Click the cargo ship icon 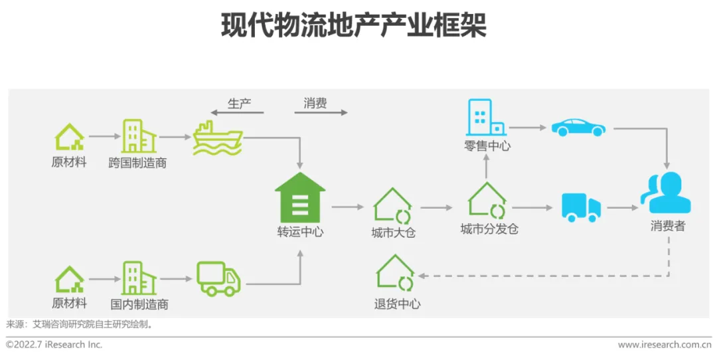tap(218, 137)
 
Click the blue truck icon tap(581, 207)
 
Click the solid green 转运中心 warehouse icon tap(300, 198)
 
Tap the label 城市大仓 tap(394, 233)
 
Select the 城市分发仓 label tap(489, 230)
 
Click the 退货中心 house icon tap(396, 274)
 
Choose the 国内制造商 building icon tap(139, 278)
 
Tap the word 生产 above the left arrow tap(240, 104)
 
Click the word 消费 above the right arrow tap(315, 103)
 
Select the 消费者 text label tap(667, 226)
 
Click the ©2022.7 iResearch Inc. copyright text tap(54, 345)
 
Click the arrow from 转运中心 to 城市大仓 tap(348, 207)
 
